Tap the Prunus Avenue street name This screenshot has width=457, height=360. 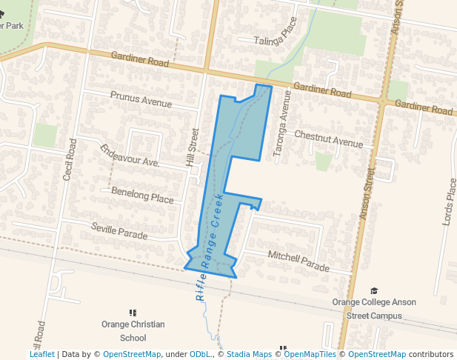click(x=140, y=99)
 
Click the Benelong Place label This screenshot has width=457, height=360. click(x=141, y=195)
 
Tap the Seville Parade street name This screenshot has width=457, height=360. click(x=119, y=231)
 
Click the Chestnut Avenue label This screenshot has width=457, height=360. click(x=329, y=139)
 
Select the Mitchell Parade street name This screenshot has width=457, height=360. click(x=298, y=260)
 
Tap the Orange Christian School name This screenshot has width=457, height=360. click(x=133, y=331)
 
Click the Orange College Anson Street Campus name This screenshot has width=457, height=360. click(x=374, y=309)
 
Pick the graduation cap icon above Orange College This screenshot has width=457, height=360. click(x=374, y=291)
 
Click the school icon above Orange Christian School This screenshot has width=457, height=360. click(x=133, y=313)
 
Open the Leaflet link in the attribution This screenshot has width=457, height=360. click(x=41, y=355)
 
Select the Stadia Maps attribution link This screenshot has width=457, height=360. click(x=249, y=355)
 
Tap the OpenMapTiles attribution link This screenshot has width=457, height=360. click(x=310, y=355)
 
